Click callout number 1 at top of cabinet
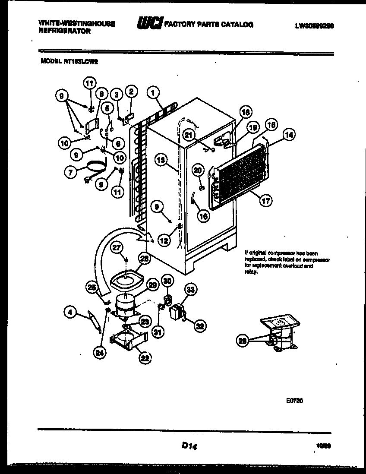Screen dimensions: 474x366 pos(153,92)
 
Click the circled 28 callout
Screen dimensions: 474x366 pos(243,341)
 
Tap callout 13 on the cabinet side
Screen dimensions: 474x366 pos(161,161)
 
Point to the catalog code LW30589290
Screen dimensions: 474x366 pos(315,25)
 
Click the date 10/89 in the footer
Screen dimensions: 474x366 pos(320,445)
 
